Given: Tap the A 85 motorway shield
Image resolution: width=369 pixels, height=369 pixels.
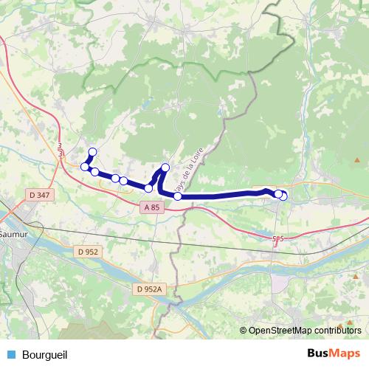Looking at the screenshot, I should click(x=151, y=208).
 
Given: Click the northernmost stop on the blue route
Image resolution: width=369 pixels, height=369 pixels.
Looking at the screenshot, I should click(x=92, y=152).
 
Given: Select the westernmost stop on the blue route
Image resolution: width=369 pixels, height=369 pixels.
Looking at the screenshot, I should click(x=85, y=167).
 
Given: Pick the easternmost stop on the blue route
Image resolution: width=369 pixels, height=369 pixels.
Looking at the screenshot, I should click(x=283, y=196).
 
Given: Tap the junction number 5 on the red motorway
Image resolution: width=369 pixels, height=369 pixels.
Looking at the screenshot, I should click(x=277, y=238).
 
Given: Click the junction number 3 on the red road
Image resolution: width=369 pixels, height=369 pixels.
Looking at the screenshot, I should click(x=60, y=148).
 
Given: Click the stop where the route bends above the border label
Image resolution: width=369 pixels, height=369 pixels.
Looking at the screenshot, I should click(x=165, y=168).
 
